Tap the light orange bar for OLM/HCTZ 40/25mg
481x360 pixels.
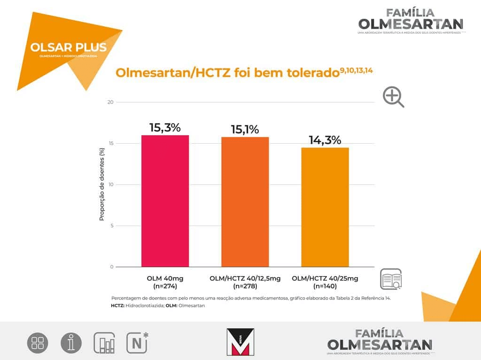pyautogui.click(x=325, y=207)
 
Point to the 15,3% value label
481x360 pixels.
pyautogui.click(x=165, y=128)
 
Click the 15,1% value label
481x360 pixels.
pyautogui.click(x=245, y=130)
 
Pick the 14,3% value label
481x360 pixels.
pyautogui.click(x=325, y=140)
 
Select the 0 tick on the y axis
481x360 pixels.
pyautogui.click(x=112, y=267)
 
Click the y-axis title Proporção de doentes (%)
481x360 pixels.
pyautogui.click(x=101, y=184)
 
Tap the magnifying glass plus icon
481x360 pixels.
pyautogui.click(x=393, y=97)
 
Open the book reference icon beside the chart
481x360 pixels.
pyautogui.click(x=391, y=280)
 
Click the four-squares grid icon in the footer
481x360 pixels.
pyautogui.click(x=38, y=343)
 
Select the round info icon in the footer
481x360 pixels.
pyautogui.click(x=71, y=343)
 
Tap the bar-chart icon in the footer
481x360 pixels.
pyautogui.click(x=104, y=343)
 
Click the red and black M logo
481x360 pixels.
pyautogui.click(x=240, y=341)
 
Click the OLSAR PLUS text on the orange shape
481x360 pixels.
pyautogui.click(x=68, y=47)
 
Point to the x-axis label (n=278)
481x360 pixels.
pyautogui.click(x=245, y=286)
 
